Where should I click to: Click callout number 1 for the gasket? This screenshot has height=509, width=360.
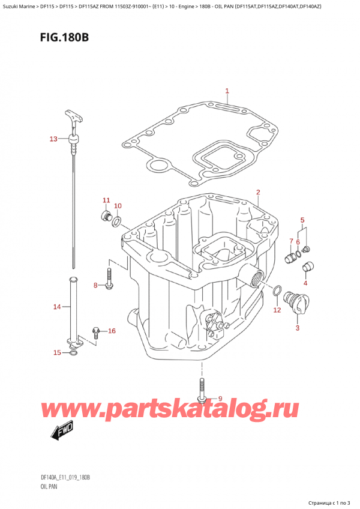click(227, 91)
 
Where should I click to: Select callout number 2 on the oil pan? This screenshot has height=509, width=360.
click(257, 193)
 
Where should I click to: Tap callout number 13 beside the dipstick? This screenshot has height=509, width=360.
click(53, 139)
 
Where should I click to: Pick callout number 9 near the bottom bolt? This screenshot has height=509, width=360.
click(220, 399)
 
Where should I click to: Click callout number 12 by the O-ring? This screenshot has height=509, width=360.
click(277, 310)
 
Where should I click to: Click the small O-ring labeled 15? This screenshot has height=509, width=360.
click(73, 353)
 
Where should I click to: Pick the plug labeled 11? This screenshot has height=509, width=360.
click(106, 215)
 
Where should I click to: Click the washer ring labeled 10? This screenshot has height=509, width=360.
click(116, 223)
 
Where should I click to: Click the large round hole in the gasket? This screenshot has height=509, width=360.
click(159, 164)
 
